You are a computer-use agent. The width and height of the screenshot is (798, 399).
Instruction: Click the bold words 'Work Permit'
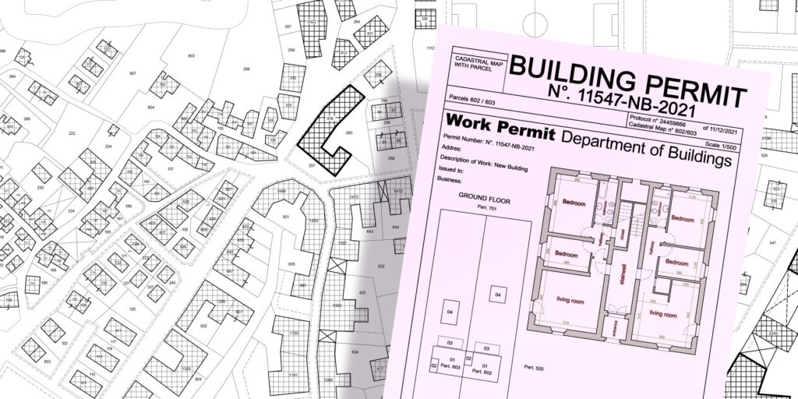[499, 125]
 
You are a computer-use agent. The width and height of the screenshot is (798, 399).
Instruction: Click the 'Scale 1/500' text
[724, 140]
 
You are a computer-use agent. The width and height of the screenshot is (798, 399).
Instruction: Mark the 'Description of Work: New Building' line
[491, 157]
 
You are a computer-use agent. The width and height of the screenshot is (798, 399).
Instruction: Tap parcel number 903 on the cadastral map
[191, 56]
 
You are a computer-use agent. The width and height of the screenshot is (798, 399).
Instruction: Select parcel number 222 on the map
[72, 133]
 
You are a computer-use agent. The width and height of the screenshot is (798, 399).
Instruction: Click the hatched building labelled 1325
[185, 366]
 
